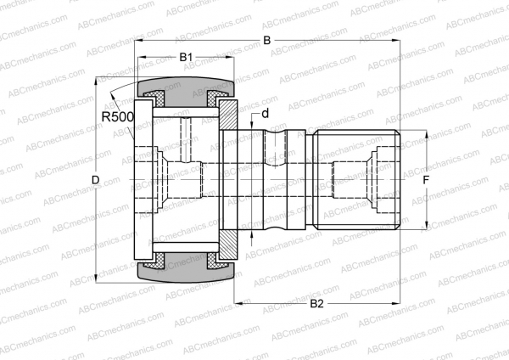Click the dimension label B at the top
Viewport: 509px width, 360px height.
pos(266,41)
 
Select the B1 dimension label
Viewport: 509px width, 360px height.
pos(186,57)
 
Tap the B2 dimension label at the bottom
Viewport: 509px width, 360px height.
pos(316,303)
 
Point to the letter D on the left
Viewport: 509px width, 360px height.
pos(95,180)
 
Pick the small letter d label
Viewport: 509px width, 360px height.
pos(265,113)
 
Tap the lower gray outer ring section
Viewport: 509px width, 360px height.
pos(186,273)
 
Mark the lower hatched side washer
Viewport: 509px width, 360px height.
pos(228,246)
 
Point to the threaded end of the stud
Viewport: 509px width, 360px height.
pos(356,180)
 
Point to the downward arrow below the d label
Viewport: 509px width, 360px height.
pos(255,126)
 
